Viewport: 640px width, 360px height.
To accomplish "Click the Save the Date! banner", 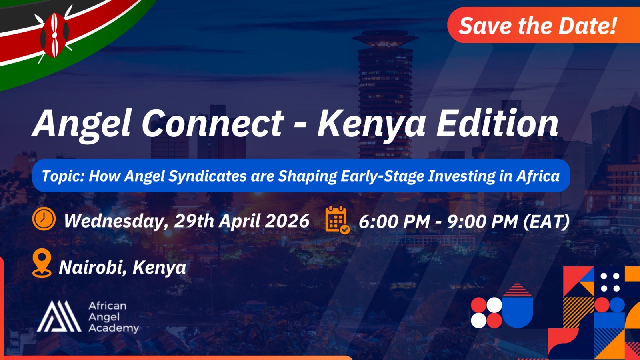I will (x=538, y=26).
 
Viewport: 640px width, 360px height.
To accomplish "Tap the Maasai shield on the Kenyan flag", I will (x=55, y=35).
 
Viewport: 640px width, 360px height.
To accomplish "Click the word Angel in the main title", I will (x=82, y=124).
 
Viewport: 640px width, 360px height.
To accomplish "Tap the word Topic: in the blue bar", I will (x=63, y=176).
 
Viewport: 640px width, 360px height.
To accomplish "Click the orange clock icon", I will (x=44, y=219).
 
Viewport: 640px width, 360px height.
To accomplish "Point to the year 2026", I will (x=288, y=221).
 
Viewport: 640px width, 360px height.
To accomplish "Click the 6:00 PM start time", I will (x=394, y=222).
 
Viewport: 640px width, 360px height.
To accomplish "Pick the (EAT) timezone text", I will (x=546, y=222).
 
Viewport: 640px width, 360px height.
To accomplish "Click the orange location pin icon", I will (x=42, y=263).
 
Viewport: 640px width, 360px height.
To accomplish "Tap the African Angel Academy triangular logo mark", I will (x=59, y=316).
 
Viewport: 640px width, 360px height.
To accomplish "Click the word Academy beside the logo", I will (x=114, y=328).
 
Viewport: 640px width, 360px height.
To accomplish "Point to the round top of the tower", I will (x=385, y=38).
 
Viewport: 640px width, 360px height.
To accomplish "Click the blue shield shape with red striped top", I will (x=518, y=306).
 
